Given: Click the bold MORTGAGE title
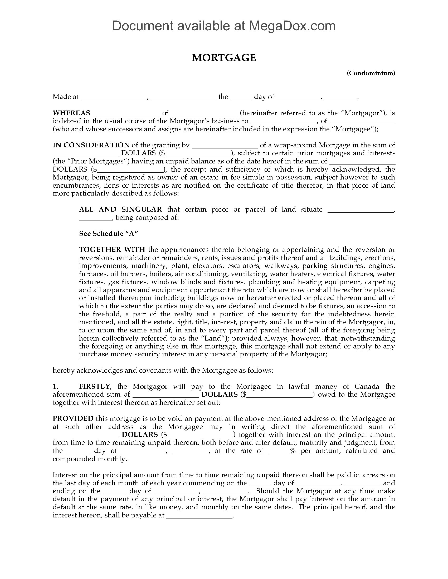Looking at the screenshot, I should (224, 58).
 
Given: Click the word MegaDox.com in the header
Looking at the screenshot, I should (292, 26).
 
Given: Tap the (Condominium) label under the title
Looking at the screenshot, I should (371, 73).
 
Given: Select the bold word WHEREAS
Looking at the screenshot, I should (71, 113).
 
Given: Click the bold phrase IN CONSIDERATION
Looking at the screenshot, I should (91, 145).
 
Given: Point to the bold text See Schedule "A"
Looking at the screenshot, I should (109, 233).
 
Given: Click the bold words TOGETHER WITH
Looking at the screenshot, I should (112, 249).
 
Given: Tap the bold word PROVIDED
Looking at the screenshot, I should (73, 418).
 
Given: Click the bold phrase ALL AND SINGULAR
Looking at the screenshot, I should (120, 209).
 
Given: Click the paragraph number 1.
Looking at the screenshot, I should (55, 386).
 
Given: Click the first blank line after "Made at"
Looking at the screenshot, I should (114, 98).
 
